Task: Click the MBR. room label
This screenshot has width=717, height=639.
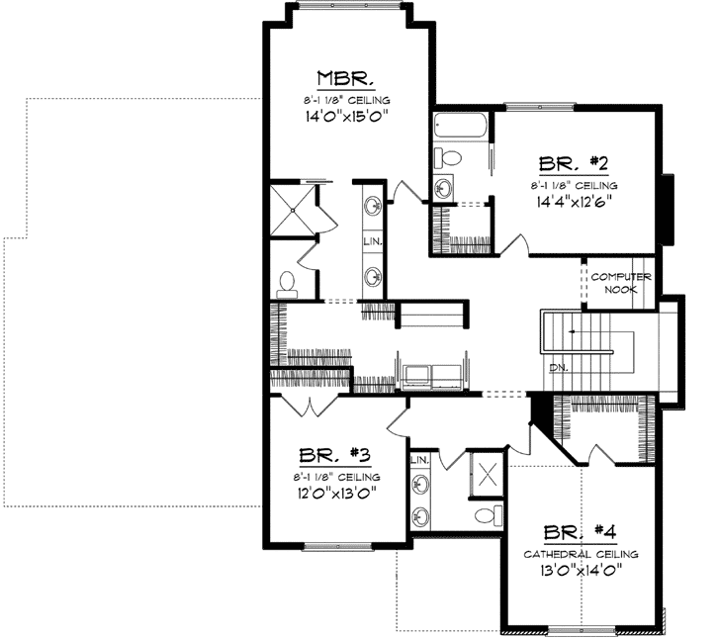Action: point(343,79)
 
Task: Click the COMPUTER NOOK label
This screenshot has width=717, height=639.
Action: point(621,282)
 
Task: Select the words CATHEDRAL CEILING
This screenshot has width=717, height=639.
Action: point(581,554)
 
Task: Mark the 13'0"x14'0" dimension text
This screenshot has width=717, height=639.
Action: point(581,572)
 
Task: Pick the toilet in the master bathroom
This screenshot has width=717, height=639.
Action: point(288,284)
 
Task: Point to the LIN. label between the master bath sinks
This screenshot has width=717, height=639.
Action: point(373,240)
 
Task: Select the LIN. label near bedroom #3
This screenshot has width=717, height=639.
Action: point(419,460)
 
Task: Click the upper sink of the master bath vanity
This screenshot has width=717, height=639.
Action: point(374,206)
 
